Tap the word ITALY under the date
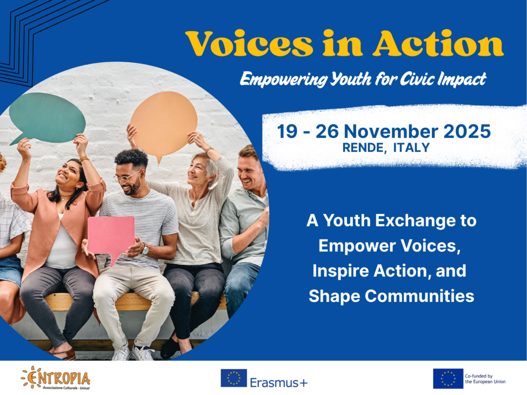click(411, 148)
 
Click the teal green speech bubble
click(47, 116)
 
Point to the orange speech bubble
click(163, 122)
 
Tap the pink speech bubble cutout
click(110, 238)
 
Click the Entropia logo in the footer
click(56, 378)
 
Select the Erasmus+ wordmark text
click(278, 382)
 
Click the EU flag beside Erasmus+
click(234, 378)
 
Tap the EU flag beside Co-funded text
click(448, 379)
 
